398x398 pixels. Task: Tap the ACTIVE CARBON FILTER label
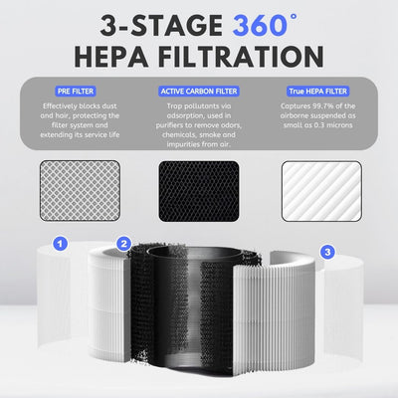click(x=199, y=90)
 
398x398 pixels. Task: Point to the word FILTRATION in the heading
click(x=241, y=54)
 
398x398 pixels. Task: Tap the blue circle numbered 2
click(x=123, y=243)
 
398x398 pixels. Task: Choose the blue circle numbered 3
click(x=328, y=253)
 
